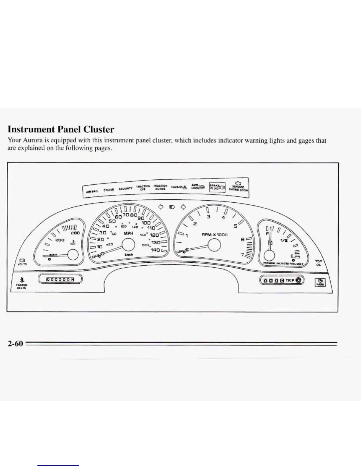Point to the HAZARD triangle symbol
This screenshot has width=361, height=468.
185,187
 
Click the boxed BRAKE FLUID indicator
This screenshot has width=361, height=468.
217,187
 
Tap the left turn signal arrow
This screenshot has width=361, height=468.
161,207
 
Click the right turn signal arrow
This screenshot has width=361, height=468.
183,207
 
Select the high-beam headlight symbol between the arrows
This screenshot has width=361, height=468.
172,207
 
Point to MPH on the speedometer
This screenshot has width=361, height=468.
129,233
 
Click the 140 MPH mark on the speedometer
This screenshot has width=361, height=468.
155,250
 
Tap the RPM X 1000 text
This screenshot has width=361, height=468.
214,235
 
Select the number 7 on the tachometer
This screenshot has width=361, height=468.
242,255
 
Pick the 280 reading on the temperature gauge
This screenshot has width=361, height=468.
76,233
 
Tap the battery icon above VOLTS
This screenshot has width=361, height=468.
22,260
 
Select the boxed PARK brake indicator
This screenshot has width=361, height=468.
320,282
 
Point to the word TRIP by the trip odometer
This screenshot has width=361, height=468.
290,280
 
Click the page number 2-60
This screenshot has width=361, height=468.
15,344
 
